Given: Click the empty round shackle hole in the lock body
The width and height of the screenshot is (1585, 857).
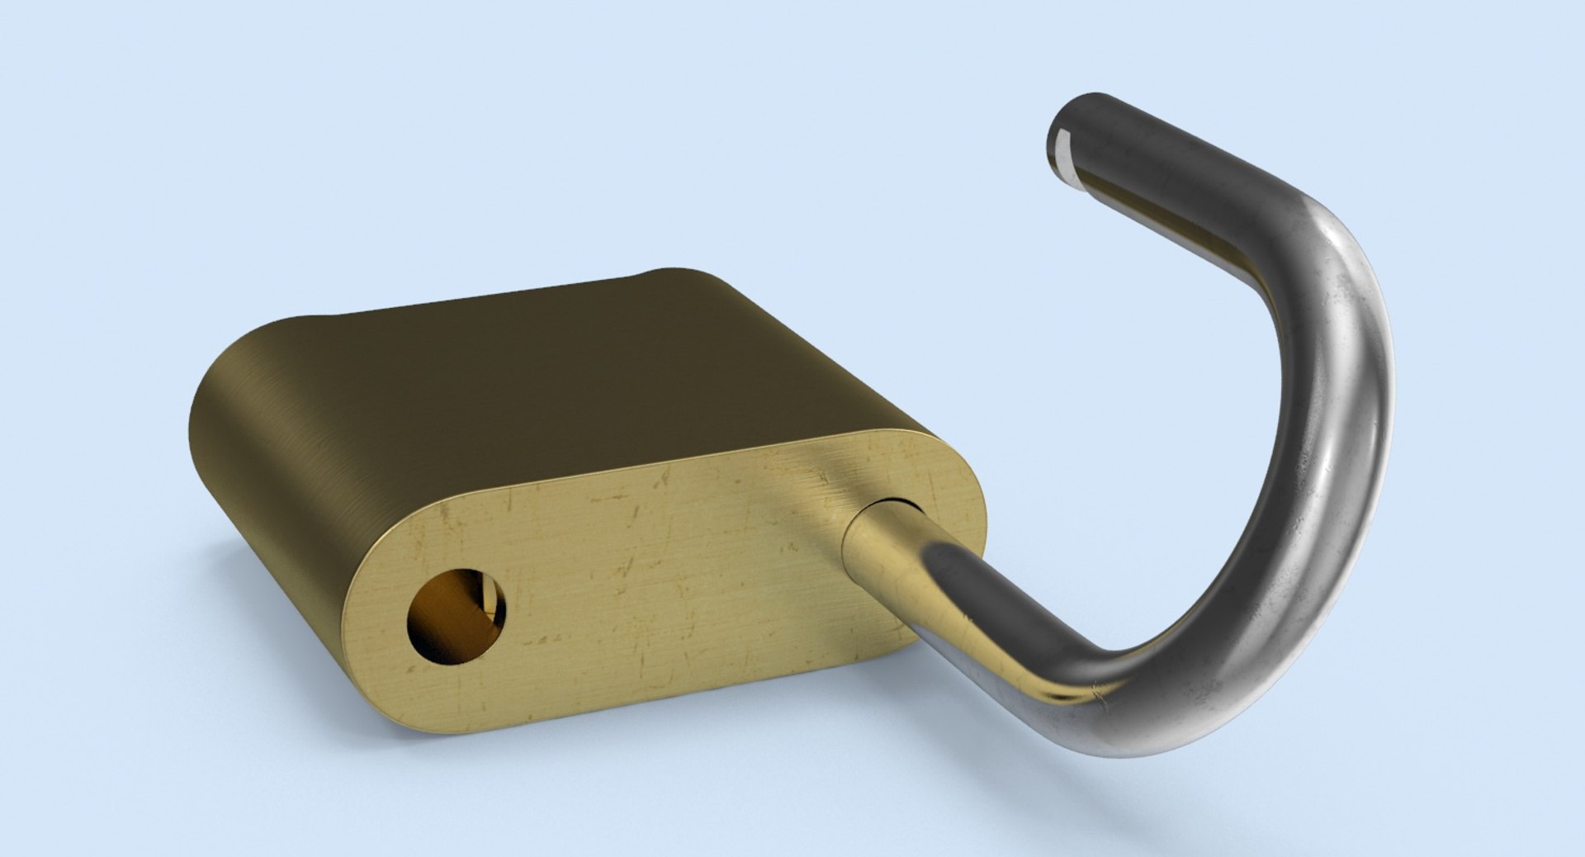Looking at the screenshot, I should click(456, 615).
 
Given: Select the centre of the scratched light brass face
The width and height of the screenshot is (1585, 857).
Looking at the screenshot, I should click(660, 578).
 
